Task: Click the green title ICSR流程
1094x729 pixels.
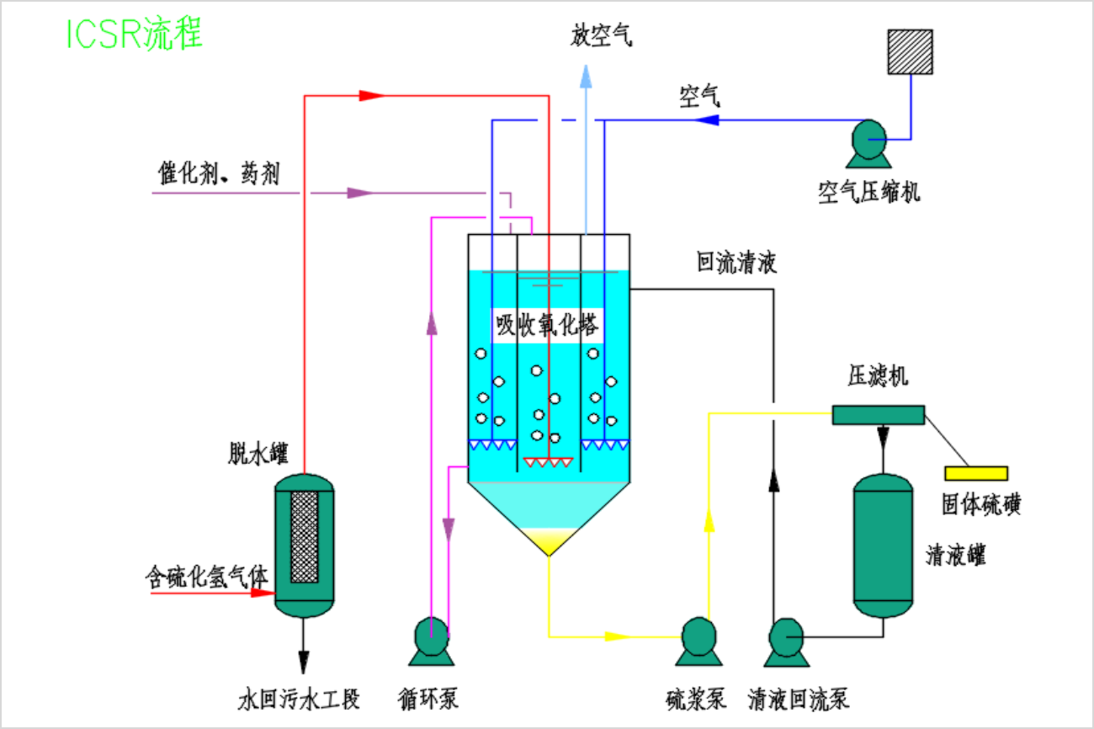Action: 134,34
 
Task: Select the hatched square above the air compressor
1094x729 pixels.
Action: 910,52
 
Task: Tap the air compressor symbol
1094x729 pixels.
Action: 868,141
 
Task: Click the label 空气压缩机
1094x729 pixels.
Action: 869,192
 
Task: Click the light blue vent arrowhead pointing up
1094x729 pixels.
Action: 586,78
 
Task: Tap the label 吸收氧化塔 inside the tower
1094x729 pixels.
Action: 547,325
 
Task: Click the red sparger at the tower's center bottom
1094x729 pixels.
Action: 548,462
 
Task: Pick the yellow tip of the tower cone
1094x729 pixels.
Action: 549,542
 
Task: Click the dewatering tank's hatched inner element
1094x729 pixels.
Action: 304,536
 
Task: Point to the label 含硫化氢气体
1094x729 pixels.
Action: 207,577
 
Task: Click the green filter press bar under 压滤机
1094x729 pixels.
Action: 878,414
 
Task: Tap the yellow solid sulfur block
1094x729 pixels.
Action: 975,473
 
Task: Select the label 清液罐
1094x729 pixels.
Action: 955,556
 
